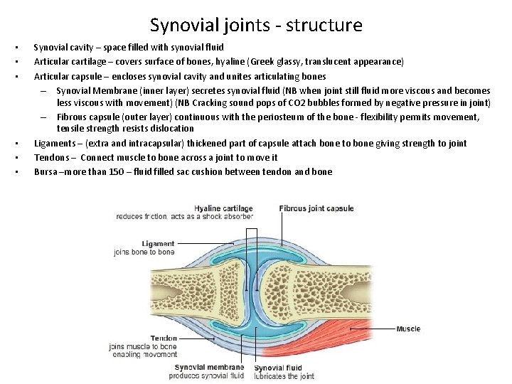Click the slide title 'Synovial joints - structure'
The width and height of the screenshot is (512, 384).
(x=256, y=26)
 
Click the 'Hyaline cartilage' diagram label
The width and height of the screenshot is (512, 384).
(x=223, y=209)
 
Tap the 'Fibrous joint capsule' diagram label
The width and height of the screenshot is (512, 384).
(x=316, y=209)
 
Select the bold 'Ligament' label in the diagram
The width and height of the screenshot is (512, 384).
(x=158, y=244)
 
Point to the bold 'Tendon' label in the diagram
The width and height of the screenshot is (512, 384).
(x=164, y=338)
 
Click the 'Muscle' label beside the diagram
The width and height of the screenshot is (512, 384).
(x=408, y=329)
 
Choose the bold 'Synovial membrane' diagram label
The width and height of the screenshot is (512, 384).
(x=209, y=368)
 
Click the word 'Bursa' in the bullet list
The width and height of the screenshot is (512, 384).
(x=46, y=171)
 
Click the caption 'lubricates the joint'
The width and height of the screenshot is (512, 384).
(x=284, y=376)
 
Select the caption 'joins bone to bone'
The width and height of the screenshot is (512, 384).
(x=144, y=252)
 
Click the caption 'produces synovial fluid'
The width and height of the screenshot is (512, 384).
(x=209, y=375)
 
